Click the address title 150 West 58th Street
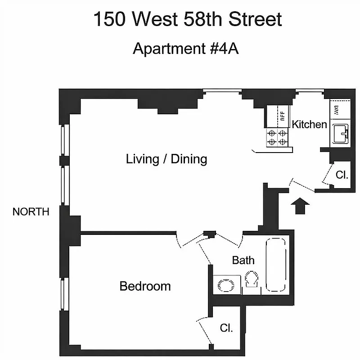pyautogui.click(x=188, y=20)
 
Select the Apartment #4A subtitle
pyautogui.click(x=185, y=49)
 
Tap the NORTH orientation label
pyautogui.click(x=31, y=212)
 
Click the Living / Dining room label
pyautogui.click(x=166, y=159)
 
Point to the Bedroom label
pyautogui.click(x=145, y=286)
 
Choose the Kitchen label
pyautogui.click(x=309, y=125)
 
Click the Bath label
pyautogui.click(x=243, y=260)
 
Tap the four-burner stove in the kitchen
pyautogui.click(x=277, y=137)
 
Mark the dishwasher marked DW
pyautogui.click(x=337, y=109)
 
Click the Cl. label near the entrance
pyautogui.click(x=342, y=175)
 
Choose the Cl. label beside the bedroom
pyautogui.click(x=226, y=328)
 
